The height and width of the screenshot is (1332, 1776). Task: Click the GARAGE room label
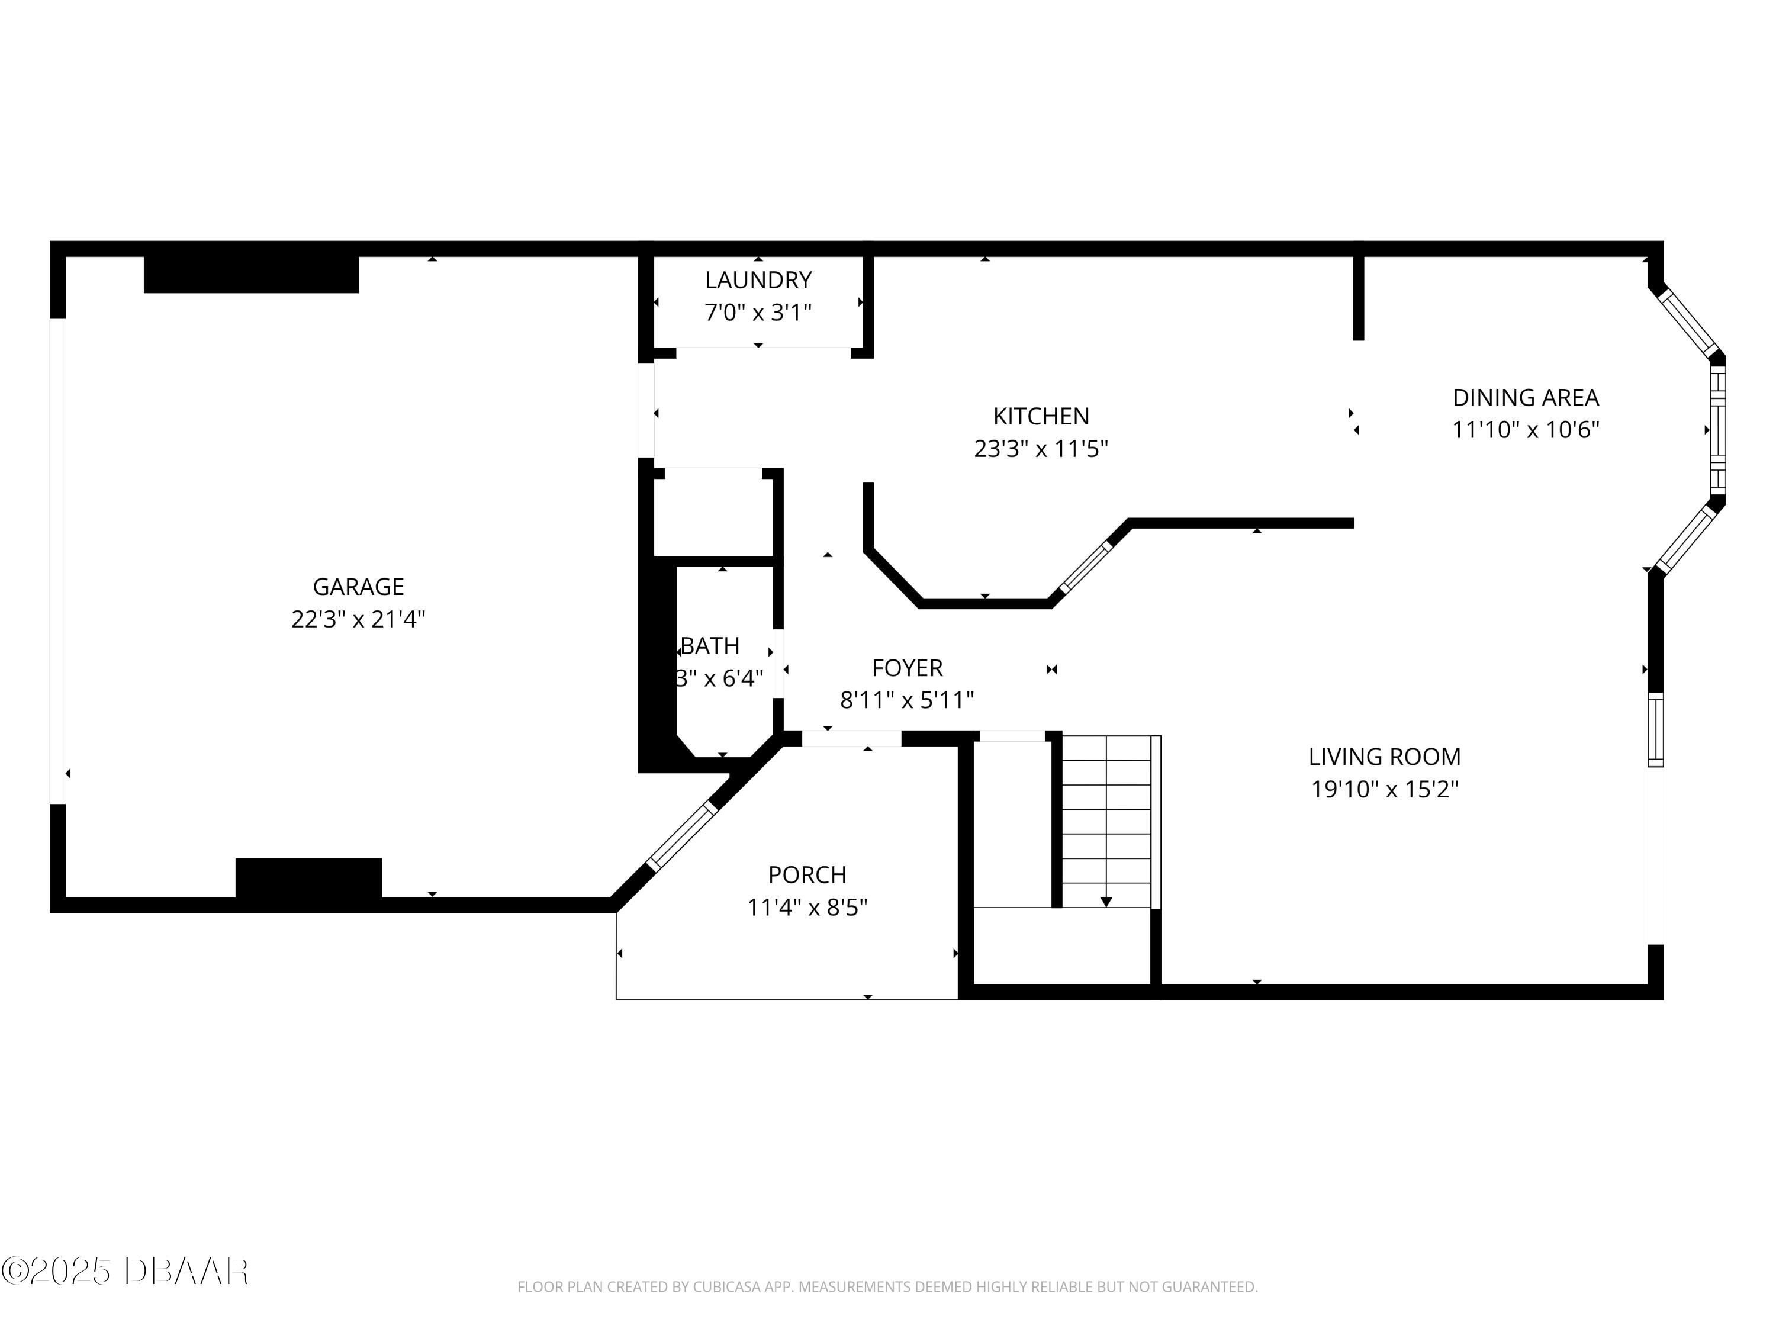point(358,587)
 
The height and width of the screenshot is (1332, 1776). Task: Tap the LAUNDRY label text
point(758,280)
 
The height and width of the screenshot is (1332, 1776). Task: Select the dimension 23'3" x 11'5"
point(1041,449)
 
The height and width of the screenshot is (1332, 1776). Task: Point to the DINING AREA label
point(1526,397)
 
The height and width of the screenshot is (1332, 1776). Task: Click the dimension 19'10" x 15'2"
point(1384,789)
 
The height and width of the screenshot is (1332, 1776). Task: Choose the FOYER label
point(908,668)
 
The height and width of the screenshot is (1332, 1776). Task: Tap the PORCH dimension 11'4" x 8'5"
point(807,908)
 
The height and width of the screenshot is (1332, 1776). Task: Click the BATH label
point(710,645)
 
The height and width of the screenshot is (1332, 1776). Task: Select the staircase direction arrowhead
point(1106,902)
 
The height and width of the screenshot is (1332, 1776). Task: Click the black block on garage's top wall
point(250,275)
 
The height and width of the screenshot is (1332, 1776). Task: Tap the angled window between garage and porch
point(681,836)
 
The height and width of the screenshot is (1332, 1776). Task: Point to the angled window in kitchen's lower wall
point(1086,567)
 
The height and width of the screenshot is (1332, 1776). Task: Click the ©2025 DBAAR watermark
point(124,1271)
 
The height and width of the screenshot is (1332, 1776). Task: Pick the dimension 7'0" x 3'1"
point(758,313)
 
